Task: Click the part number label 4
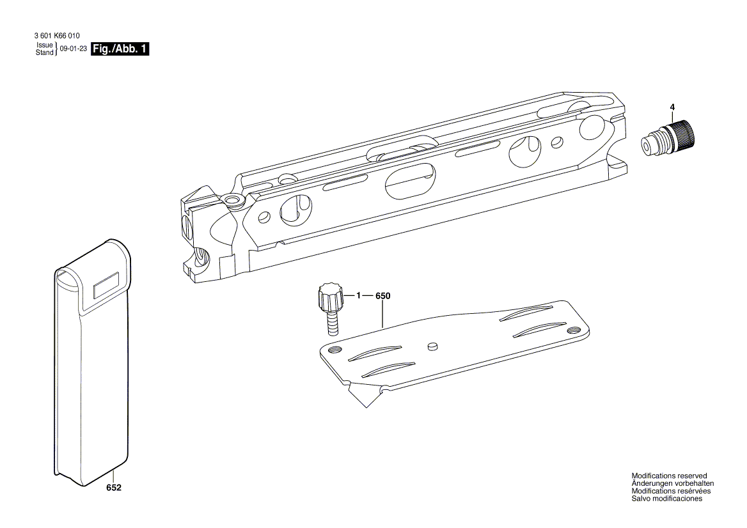[x=672, y=107]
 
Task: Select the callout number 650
[x=382, y=296]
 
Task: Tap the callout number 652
[x=114, y=487]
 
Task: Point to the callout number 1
[x=359, y=296]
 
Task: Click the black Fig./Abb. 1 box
[x=120, y=49]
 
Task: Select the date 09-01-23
[x=73, y=49]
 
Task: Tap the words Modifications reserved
[x=669, y=476]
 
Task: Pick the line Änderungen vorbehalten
[x=672, y=484]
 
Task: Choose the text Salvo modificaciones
[x=666, y=499]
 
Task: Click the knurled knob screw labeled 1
[x=330, y=297]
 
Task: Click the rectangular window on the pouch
[x=107, y=284]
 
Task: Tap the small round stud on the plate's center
[x=432, y=346]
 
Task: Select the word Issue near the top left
[x=44, y=45]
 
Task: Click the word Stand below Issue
[x=44, y=52]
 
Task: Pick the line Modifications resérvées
[x=670, y=492]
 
